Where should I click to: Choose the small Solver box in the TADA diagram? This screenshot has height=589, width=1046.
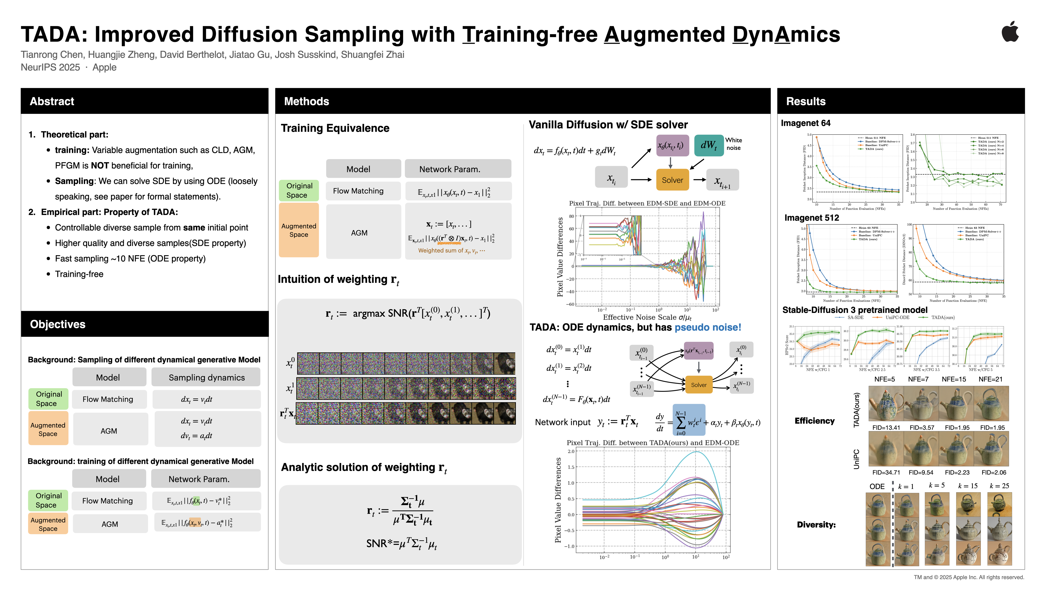[698, 384]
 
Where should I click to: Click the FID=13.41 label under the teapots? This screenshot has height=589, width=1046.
[886, 428]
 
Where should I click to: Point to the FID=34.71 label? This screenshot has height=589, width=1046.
[886, 472]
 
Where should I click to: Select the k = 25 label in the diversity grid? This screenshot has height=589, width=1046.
[999, 486]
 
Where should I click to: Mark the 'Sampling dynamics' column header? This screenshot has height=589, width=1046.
[207, 378]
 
